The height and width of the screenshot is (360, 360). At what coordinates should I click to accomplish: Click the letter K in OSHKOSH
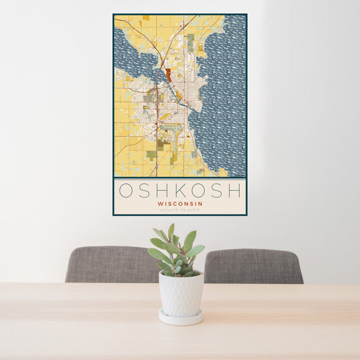click(x=180, y=190)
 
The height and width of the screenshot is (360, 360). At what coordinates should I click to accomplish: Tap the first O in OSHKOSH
click(x=127, y=190)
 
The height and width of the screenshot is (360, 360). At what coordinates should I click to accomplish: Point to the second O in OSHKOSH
click(x=198, y=190)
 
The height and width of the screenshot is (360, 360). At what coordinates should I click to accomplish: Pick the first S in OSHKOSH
click(x=145, y=190)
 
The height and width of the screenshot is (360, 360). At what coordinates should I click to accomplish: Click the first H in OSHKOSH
click(x=162, y=190)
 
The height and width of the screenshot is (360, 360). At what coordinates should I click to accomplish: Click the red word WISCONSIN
click(x=180, y=203)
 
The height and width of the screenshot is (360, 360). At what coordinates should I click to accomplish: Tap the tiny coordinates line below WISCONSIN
click(x=180, y=210)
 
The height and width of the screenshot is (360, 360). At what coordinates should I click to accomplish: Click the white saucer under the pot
click(x=181, y=317)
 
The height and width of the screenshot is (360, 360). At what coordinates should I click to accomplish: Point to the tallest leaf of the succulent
click(x=171, y=231)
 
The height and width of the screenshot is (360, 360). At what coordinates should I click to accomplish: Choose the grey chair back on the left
click(x=108, y=264)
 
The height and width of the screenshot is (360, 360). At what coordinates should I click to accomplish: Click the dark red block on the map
click(x=169, y=74)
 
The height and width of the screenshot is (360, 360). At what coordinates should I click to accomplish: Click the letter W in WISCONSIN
click(x=160, y=203)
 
